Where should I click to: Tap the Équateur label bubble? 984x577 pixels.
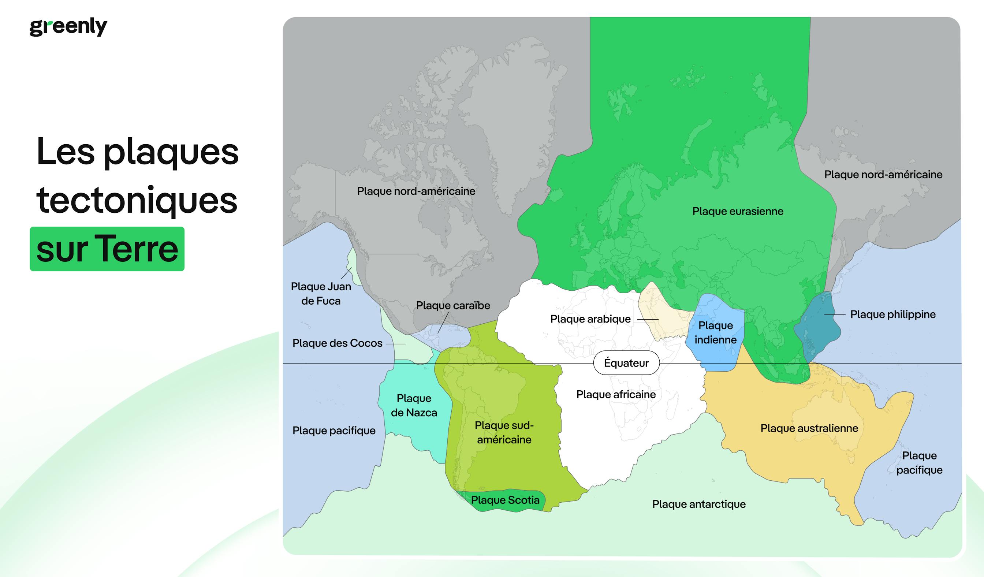click(x=626, y=363)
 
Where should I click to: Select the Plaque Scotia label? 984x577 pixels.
click(x=505, y=500)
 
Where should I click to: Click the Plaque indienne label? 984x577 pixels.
click(x=715, y=332)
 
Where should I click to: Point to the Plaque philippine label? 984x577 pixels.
click(x=892, y=314)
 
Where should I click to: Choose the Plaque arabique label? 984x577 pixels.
click(x=590, y=319)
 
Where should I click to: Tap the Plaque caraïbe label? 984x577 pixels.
click(x=453, y=305)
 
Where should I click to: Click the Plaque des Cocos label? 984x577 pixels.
click(x=338, y=343)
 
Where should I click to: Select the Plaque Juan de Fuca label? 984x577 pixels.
click(x=321, y=294)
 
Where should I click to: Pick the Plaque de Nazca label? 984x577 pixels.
click(x=414, y=405)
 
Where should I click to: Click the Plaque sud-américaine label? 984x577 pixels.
click(x=504, y=432)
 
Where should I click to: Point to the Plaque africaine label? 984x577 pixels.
click(x=616, y=394)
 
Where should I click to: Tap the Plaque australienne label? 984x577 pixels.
click(x=809, y=428)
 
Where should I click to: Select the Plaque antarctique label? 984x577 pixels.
click(x=698, y=504)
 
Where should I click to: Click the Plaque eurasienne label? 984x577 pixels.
click(x=738, y=211)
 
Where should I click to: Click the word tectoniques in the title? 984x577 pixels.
click(x=137, y=200)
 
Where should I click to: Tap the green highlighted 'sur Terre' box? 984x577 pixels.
click(x=107, y=249)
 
